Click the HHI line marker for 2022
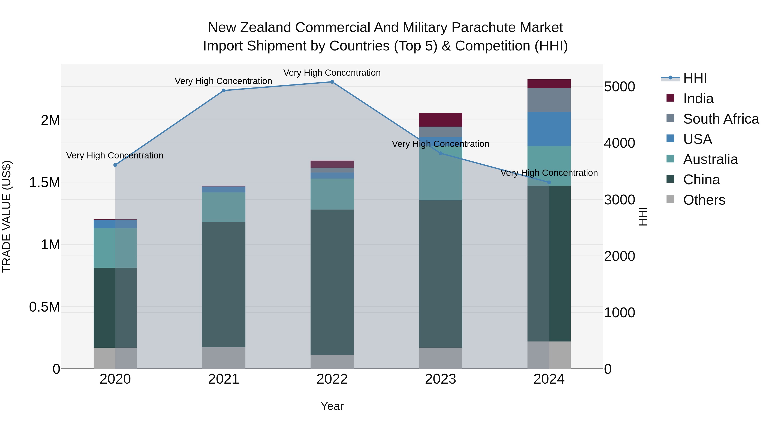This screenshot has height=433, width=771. point(332,82)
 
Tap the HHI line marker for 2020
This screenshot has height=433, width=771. point(115,165)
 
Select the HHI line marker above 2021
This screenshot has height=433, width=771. point(224,90)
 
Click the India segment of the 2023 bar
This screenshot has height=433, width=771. point(440,120)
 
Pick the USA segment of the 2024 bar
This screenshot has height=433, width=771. point(549,129)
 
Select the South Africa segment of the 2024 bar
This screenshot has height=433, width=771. point(549,100)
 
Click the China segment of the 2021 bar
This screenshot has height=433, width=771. point(224,284)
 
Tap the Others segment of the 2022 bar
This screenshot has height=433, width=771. point(332,362)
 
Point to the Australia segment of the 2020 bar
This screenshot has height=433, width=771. point(115,248)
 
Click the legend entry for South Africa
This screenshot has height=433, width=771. point(721,119)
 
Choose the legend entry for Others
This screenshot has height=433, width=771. point(704,200)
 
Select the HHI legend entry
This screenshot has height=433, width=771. point(695,78)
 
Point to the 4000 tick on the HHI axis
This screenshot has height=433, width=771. point(619,143)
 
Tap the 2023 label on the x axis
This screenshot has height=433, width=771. point(440,379)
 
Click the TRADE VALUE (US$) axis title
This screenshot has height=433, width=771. point(7,216)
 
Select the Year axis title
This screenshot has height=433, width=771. point(332,406)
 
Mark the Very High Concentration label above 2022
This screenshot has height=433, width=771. point(332,73)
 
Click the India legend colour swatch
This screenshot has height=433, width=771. point(670,98)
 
